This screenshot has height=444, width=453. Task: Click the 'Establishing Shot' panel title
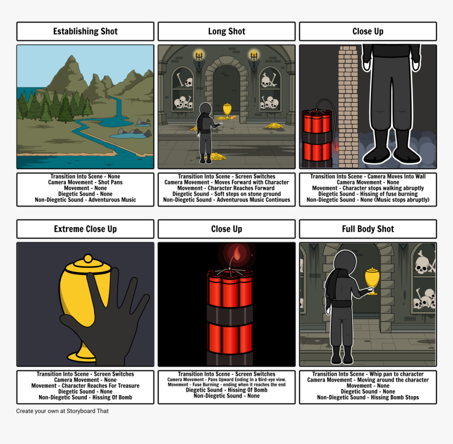coord(85,32)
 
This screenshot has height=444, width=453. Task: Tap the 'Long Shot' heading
coord(226,32)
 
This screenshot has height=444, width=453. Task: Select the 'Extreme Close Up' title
coord(85,229)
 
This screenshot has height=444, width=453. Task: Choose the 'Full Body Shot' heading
coord(368,229)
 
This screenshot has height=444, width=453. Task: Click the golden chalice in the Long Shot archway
coord(227,110)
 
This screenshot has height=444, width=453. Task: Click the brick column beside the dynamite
coord(348,105)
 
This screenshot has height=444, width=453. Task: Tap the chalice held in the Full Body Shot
coord(372,279)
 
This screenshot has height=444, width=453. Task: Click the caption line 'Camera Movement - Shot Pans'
coord(85,182)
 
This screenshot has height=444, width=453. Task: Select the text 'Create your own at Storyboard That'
coord(62,411)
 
